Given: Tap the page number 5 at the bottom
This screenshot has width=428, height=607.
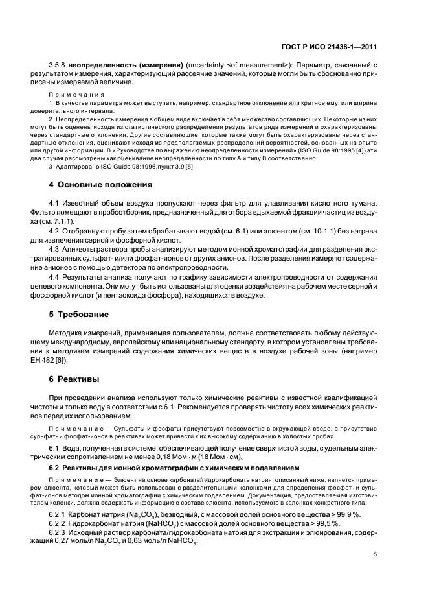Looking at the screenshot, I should point(376,554).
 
